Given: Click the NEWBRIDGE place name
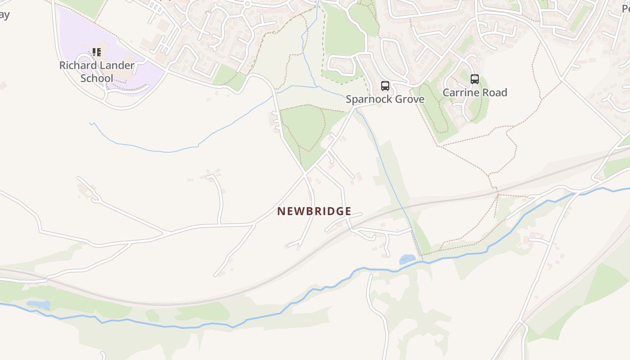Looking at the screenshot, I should coord(314,211).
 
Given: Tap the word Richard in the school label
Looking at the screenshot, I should coord(78,66).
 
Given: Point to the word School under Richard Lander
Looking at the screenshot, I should coord(97,78).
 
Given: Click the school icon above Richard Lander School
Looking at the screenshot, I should coord(97,53).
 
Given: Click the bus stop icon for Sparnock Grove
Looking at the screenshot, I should coord(385,86).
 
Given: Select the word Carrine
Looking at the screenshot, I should coord(461,93).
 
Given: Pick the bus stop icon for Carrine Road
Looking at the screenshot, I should coord(474,79).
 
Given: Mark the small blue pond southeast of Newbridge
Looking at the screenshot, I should coord(407,259).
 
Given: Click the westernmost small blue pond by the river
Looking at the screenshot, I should coord(39,305).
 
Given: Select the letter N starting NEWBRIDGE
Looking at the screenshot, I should coord(281,211).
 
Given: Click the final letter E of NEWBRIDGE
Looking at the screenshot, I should coord(348,211).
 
